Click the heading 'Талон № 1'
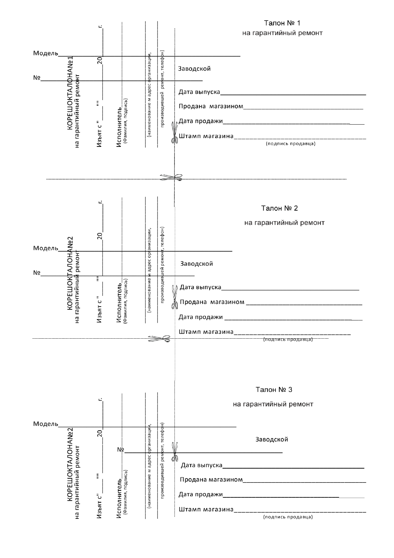[x=282, y=23]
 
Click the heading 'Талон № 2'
[x=279, y=208]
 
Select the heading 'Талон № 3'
[x=274, y=389]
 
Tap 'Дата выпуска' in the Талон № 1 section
[x=199, y=92]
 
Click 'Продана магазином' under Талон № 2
[x=212, y=302]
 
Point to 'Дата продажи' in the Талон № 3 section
[x=201, y=495]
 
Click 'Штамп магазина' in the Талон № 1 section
[x=206, y=136]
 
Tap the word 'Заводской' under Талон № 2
[x=196, y=264]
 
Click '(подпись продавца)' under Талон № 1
[x=290, y=144]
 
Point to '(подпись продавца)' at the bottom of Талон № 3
[x=288, y=517]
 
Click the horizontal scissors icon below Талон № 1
[x=171, y=178]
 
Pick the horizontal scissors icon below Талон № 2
[x=159, y=339]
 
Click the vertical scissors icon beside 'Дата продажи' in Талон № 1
[x=174, y=133]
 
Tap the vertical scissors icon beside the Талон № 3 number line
[x=174, y=452]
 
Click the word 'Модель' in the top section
[x=45, y=53]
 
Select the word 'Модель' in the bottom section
[x=45, y=424]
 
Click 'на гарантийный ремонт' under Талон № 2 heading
[x=284, y=223]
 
